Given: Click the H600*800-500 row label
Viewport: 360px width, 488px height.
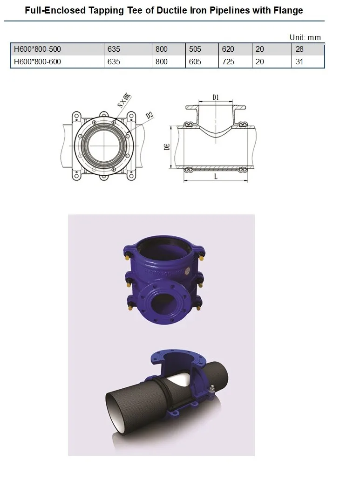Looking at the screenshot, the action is tap(37, 49).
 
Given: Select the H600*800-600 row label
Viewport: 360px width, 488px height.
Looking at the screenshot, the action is tap(37, 62).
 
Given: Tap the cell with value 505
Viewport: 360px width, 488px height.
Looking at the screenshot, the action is tap(195, 49).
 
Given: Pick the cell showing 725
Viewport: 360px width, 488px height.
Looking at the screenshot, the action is tap(228, 62).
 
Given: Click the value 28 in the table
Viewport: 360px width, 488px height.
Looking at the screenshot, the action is tap(299, 49).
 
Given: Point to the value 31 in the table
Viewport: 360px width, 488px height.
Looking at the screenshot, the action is tap(299, 62).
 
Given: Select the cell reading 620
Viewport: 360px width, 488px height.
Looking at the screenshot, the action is tap(228, 49).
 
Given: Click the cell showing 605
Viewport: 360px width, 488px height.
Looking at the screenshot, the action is tap(195, 62).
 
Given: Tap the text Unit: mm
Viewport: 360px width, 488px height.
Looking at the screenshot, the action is tap(305, 38).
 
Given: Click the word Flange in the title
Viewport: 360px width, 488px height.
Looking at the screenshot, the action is tap(288, 11).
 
